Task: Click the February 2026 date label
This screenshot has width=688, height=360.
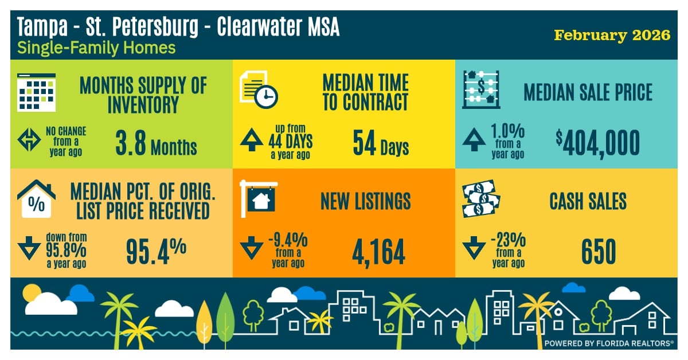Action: [612, 35]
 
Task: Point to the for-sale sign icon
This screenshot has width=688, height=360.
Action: [259, 198]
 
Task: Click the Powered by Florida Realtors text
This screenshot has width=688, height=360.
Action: [608, 343]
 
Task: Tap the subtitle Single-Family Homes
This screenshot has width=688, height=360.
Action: [96, 48]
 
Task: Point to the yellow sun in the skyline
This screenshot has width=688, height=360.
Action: [31, 295]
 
